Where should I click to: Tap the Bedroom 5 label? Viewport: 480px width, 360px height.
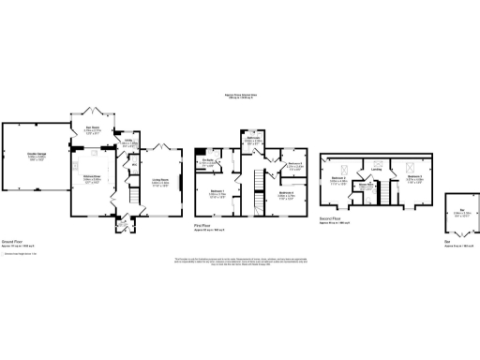[294, 168]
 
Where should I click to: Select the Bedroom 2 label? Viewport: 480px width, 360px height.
[414, 178]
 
